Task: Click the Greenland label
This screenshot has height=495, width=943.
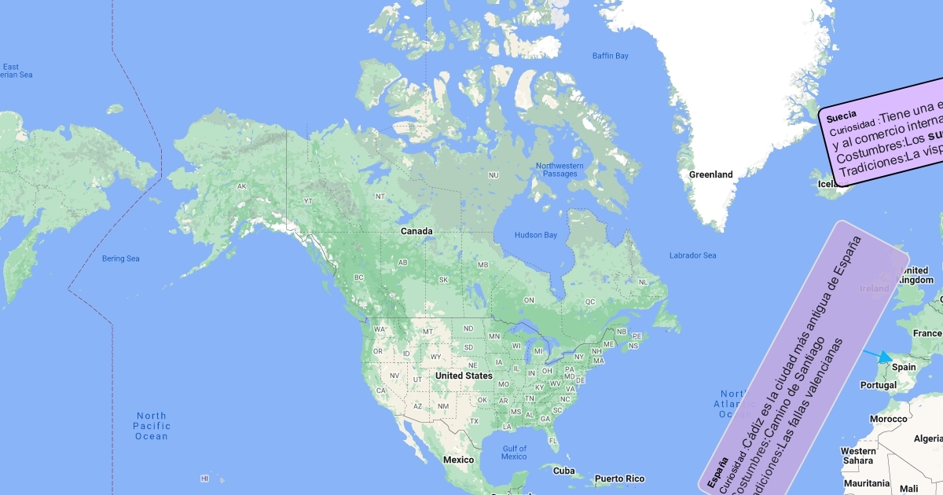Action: pyautogui.click(x=710, y=174)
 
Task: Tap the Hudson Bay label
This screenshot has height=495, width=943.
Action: pyautogui.click(x=535, y=235)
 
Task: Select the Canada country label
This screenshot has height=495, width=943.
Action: pyautogui.click(x=416, y=231)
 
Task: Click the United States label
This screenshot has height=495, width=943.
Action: pyautogui.click(x=464, y=376)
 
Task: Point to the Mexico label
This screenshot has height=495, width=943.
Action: pyautogui.click(x=458, y=460)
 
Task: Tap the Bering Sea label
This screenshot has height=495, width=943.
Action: pyautogui.click(x=120, y=258)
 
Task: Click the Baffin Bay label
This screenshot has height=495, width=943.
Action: pyautogui.click(x=611, y=56)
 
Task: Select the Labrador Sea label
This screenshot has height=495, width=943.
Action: pyautogui.click(x=692, y=255)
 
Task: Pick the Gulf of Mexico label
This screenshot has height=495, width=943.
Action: pyautogui.click(x=514, y=453)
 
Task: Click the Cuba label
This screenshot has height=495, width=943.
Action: pyautogui.click(x=563, y=471)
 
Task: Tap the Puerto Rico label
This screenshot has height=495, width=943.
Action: pyautogui.click(x=619, y=478)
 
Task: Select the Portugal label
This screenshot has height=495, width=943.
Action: pyautogui.click(x=879, y=385)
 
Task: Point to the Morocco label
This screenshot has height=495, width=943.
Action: pyautogui.click(x=888, y=419)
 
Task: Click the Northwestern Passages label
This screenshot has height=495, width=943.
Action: pyautogui.click(x=560, y=170)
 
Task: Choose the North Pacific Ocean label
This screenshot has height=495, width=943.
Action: pyautogui.click(x=151, y=426)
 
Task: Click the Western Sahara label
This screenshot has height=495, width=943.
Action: pyautogui.click(x=858, y=456)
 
